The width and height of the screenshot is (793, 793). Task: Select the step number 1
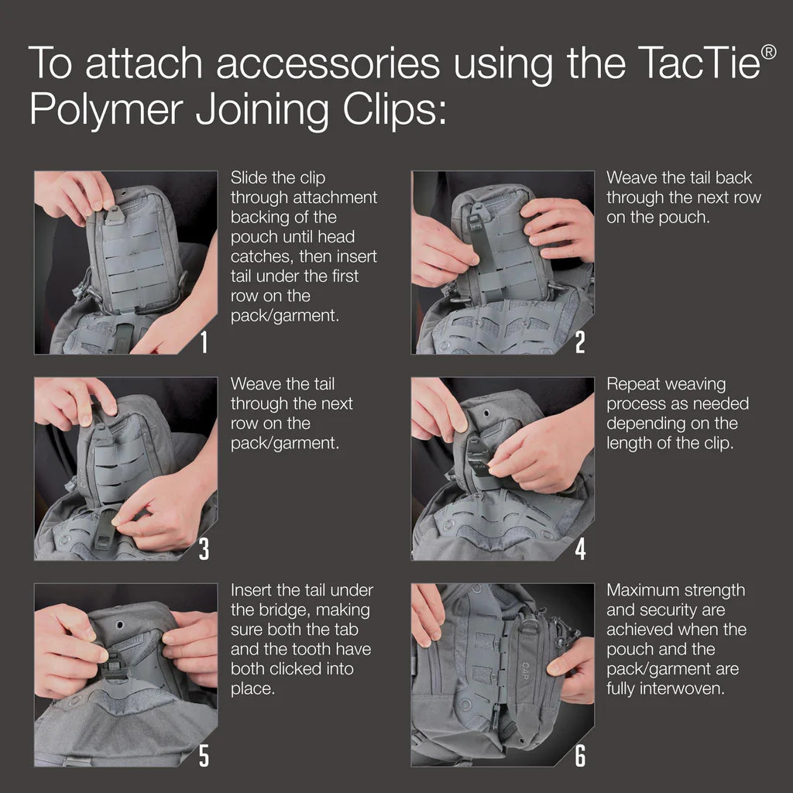[204, 342]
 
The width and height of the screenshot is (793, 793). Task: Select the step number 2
[580, 342]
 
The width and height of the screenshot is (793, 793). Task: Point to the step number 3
[204, 548]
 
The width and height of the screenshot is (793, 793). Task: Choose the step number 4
[580, 548]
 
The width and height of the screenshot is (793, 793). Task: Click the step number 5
[204, 755]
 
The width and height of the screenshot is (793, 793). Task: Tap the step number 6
[580, 755]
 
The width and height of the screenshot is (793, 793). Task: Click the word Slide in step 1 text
[249, 178]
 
